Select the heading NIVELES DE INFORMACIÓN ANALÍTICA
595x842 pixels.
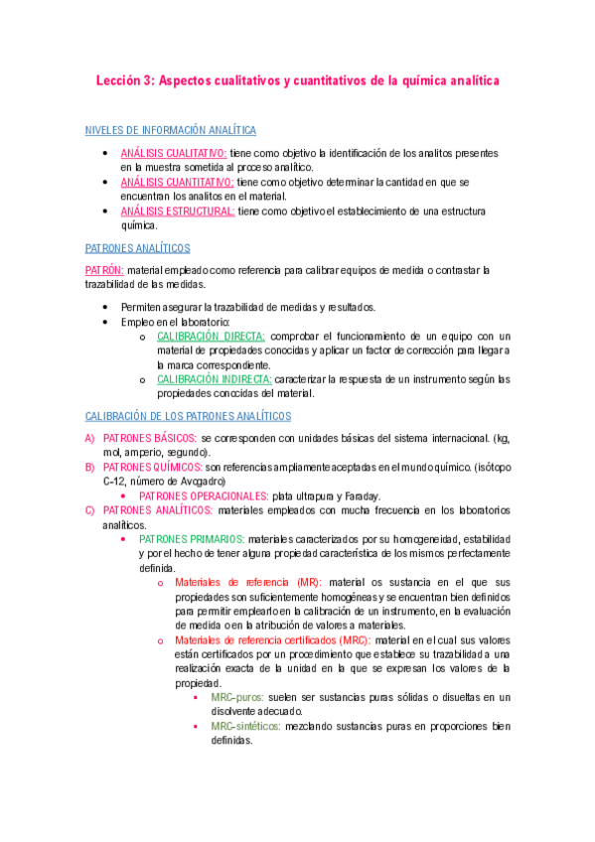click(x=171, y=130)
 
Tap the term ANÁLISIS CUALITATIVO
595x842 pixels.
click(x=174, y=154)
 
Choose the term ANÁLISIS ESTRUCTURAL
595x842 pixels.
click(x=178, y=211)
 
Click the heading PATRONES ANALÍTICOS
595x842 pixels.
click(x=138, y=248)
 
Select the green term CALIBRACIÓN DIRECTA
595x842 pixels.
click(x=212, y=337)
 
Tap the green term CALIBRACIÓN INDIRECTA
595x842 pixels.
click(x=215, y=379)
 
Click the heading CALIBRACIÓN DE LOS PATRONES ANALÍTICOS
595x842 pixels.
click(x=189, y=416)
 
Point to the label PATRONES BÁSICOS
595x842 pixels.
click(x=149, y=438)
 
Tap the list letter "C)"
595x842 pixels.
click(x=90, y=510)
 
